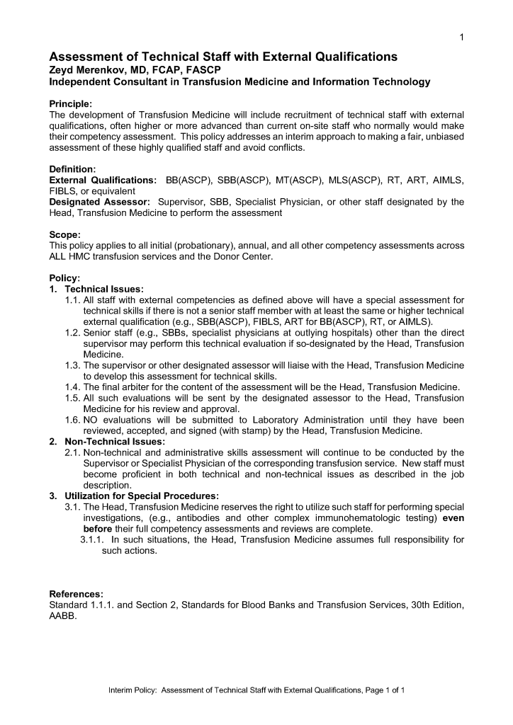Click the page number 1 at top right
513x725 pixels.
click(x=461, y=38)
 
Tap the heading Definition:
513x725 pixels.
click(x=72, y=169)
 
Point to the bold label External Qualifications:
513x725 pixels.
click(x=103, y=181)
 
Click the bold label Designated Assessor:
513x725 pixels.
click(x=99, y=202)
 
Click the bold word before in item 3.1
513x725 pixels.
click(x=98, y=528)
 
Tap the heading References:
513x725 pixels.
click(x=76, y=593)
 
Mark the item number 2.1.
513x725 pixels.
click(x=72, y=452)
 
